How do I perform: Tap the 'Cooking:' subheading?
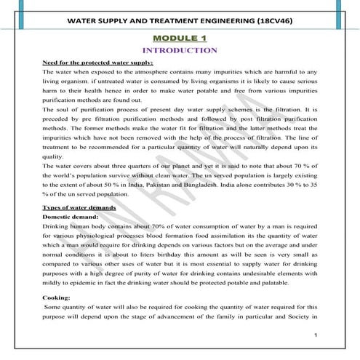[57, 297]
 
